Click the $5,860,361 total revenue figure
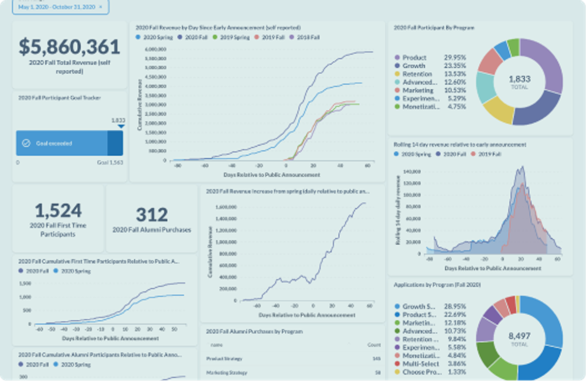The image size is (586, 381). coord(70,46)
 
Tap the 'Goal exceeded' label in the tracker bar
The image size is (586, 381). coord(54,143)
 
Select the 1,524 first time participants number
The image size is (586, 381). coord(58,210)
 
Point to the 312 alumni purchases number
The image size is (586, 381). coord(152,215)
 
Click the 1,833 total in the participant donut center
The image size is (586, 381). coord(519,79)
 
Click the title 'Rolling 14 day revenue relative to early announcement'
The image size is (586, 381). coord(460,144)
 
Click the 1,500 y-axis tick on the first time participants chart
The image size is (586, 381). coord(25,283)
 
